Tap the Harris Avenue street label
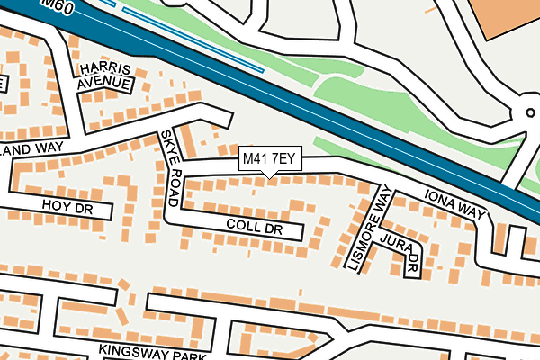104,76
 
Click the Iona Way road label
454,205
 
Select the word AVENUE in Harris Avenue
104,84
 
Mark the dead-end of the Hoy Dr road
108,211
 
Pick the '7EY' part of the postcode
284,159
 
